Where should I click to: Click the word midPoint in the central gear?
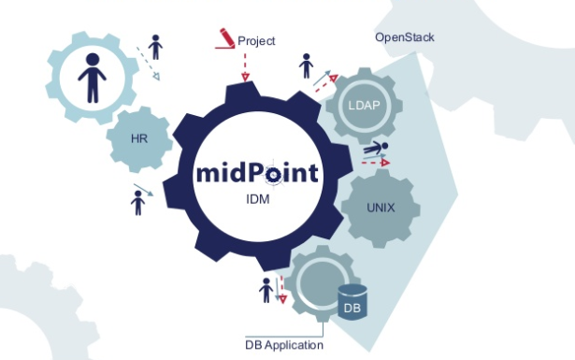point(258,173)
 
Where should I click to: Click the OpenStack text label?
point(404,38)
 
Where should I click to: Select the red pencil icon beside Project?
point(225,38)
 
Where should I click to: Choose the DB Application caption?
point(284,345)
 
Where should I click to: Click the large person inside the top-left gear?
point(91,77)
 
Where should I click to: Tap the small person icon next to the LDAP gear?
point(306,66)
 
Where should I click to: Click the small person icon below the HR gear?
point(138,201)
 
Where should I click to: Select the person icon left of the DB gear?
point(266,290)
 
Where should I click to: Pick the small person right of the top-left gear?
point(154,46)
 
